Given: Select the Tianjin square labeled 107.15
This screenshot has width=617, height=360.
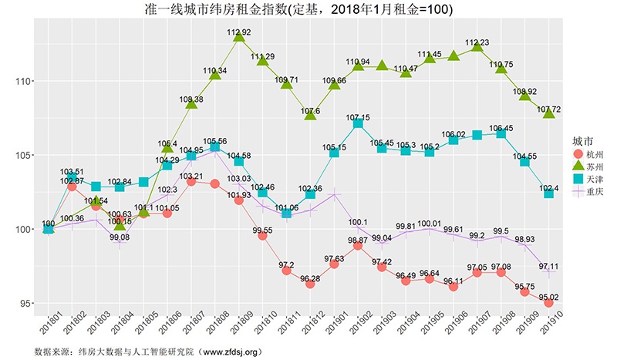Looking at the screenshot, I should click(359, 123).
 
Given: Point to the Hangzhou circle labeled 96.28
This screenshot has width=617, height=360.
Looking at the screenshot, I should click(310, 284).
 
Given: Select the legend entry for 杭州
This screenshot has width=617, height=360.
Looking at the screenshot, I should click(585, 156).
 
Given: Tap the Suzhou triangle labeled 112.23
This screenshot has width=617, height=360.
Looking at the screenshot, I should click(477, 49).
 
